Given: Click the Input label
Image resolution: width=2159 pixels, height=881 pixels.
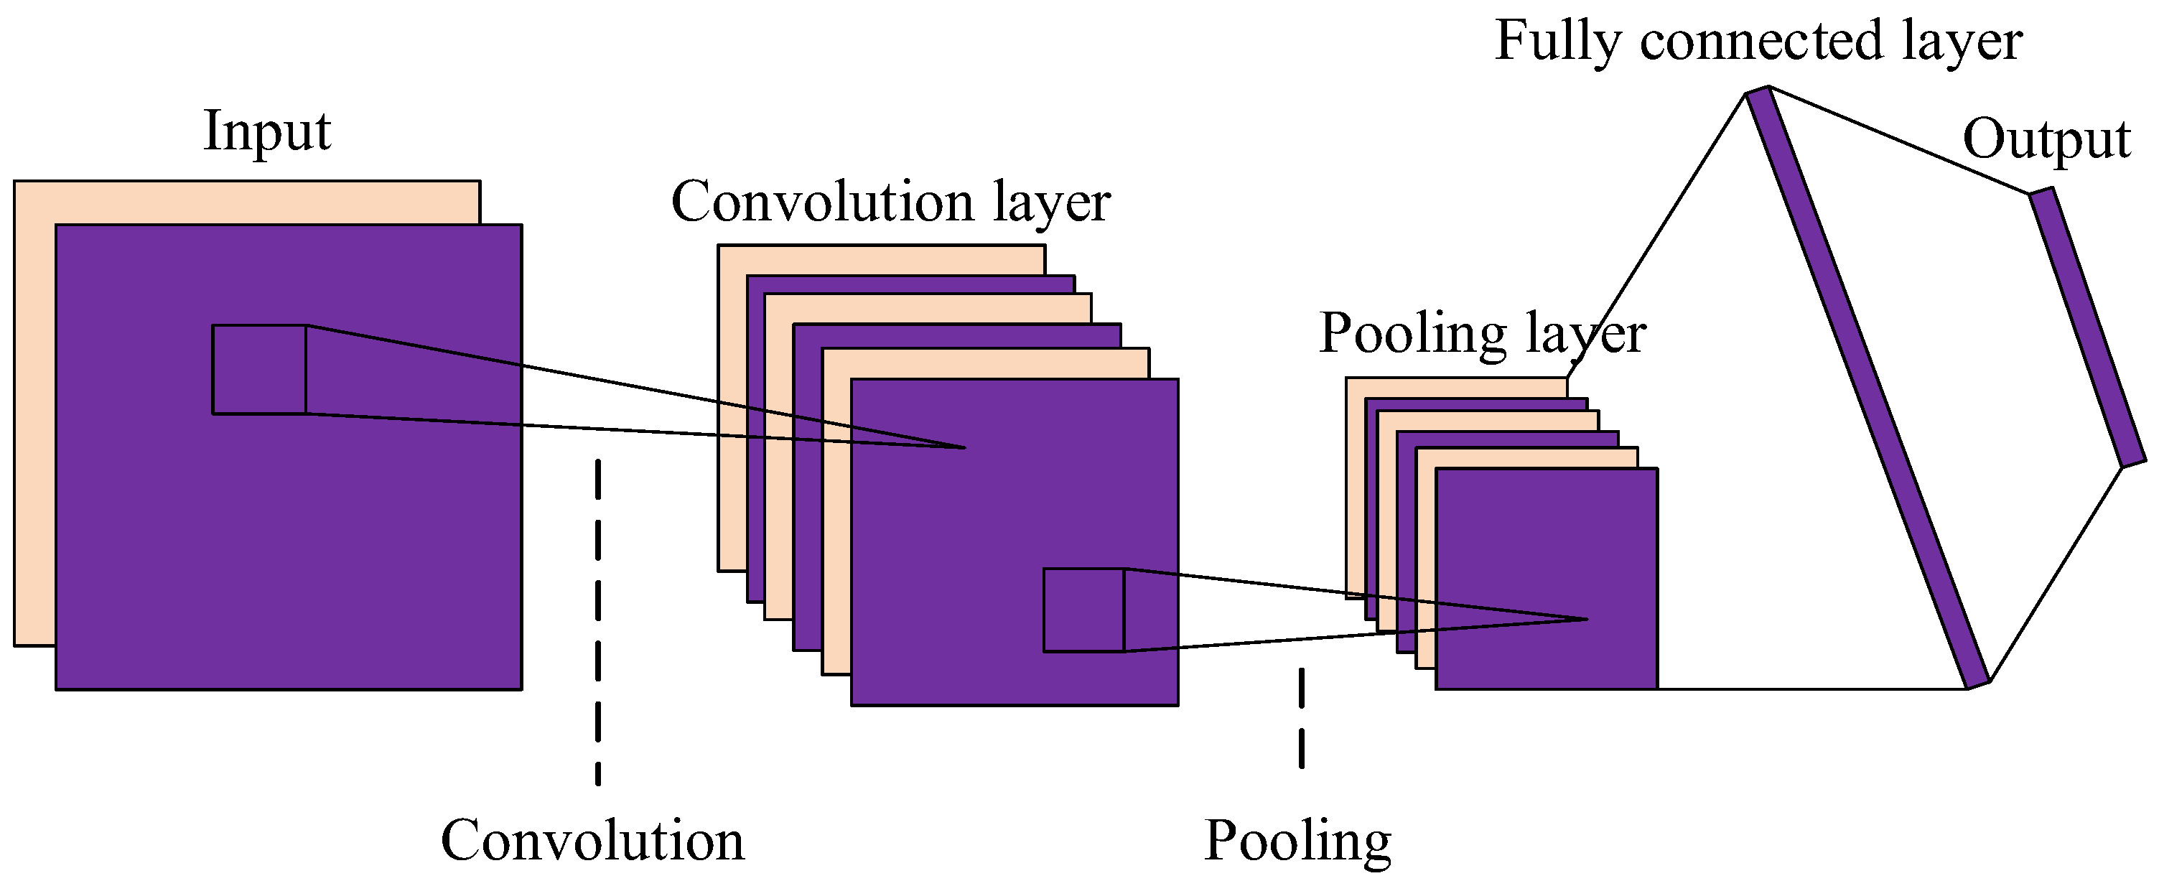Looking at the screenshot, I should (x=266, y=131).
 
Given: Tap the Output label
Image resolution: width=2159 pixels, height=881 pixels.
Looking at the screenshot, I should (x=2046, y=139).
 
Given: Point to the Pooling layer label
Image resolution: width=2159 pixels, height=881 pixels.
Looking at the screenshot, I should (x=1482, y=334).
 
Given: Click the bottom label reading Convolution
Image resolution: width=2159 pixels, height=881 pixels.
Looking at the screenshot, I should (x=592, y=841).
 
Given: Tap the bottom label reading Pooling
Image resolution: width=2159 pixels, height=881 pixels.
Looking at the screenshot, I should (x=1297, y=841).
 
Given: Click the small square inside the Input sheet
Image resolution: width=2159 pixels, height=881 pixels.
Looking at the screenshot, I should (x=259, y=369).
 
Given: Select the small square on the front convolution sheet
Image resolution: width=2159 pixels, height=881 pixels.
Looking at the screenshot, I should (x=1083, y=610).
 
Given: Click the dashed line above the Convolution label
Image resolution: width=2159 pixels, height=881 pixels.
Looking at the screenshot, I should (x=597, y=620).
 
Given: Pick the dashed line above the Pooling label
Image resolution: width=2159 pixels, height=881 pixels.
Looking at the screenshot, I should (x=1301, y=717).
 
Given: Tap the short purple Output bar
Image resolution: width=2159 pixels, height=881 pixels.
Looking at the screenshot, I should (x=2087, y=327).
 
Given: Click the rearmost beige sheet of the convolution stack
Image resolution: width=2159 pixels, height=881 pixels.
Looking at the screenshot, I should (x=880, y=259).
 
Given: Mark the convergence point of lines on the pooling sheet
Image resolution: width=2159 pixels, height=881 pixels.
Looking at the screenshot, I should (x=1587, y=620).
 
